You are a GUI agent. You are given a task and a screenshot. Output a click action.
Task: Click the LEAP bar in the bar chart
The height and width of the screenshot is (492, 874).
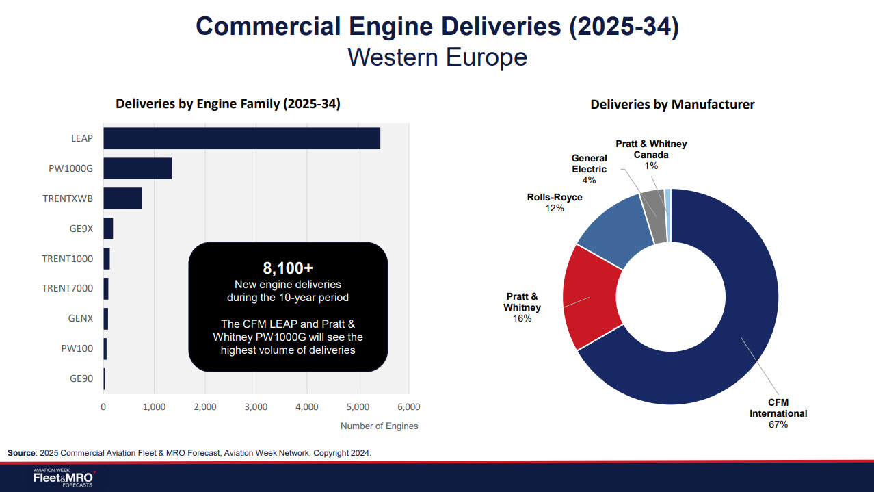(241, 138)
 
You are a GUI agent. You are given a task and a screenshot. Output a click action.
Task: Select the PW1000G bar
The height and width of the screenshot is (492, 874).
(137, 168)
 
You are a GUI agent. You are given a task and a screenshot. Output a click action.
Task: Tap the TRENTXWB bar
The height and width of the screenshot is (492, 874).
(122, 198)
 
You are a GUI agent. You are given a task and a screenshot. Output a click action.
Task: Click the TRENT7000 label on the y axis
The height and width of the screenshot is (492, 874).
(67, 288)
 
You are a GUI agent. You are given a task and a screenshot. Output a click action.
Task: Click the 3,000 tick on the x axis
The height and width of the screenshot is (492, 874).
(256, 406)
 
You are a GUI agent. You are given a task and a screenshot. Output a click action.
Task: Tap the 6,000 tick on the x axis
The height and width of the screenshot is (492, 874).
(408, 406)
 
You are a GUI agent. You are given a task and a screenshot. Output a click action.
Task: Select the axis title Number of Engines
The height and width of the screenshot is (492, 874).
(379, 426)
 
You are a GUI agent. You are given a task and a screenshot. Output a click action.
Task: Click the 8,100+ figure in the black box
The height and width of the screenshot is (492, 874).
(288, 268)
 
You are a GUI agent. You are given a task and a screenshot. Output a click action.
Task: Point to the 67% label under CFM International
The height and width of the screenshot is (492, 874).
(778, 424)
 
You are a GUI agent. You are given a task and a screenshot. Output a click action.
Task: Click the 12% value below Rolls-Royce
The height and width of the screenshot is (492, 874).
(555, 208)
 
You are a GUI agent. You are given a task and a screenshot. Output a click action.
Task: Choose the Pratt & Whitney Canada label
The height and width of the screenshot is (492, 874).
(650, 149)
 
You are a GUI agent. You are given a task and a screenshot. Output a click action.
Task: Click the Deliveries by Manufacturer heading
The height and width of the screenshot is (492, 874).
(672, 105)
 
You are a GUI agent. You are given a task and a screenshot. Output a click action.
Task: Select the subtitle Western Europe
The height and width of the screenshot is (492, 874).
(437, 57)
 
